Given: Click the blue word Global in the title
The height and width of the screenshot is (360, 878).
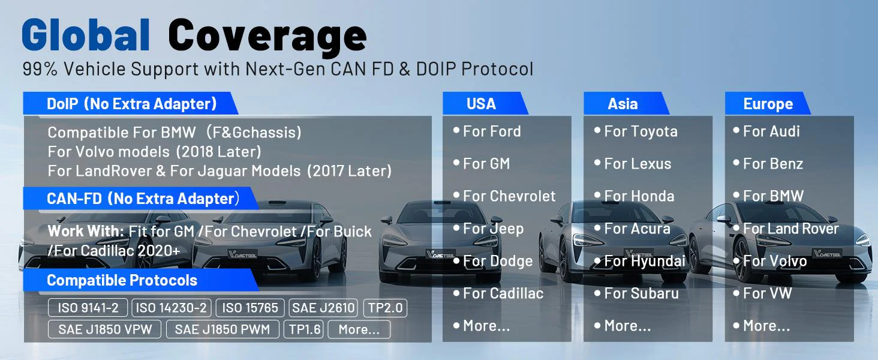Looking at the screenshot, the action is (x=86, y=35).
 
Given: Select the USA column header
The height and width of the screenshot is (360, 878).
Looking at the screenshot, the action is (x=481, y=104).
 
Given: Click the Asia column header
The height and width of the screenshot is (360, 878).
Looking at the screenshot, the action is (x=623, y=104).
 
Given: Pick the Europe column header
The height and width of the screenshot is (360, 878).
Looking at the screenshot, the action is (x=768, y=104).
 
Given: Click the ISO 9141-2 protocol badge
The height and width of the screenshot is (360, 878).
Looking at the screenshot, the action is (x=88, y=308).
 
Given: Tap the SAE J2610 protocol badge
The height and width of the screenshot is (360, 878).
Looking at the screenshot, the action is (x=323, y=308).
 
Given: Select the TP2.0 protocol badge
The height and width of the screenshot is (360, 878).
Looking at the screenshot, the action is (x=385, y=308).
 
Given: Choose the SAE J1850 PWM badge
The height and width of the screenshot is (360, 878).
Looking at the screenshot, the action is (x=222, y=329).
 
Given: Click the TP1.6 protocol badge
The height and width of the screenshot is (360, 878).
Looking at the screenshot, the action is (x=305, y=329).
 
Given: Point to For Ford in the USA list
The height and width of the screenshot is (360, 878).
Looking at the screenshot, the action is (x=492, y=131).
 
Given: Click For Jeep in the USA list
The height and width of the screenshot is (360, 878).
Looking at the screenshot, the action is (x=493, y=229).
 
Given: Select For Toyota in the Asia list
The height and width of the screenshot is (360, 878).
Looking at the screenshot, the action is (x=641, y=132).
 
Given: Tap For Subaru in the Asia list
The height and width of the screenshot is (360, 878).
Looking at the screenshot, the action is (x=641, y=293).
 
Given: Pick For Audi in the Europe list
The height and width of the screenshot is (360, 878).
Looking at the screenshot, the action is (x=771, y=131).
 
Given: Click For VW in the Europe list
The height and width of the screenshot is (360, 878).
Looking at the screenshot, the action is (x=768, y=293).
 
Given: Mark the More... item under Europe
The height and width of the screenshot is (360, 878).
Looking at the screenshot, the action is (x=766, y=326).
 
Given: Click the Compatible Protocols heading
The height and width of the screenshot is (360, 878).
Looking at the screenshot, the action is (x=122, y=280).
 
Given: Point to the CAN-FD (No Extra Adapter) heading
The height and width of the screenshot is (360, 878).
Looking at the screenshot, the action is (x=143, y=199).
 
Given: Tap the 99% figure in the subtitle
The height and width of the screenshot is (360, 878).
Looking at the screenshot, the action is (x=40, y=69).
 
